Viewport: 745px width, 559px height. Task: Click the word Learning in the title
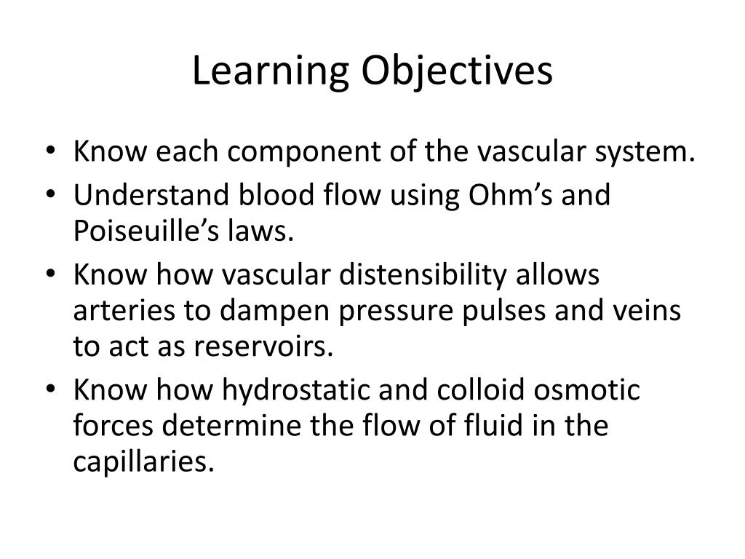click(x=271, y=71)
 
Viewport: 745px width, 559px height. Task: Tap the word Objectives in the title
click(x=457, y=71)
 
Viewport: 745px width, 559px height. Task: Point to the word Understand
click(x=151, y=195)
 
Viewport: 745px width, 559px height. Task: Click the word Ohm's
click(x=511, y=195)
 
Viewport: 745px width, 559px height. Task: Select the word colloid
click(x=480, y=390)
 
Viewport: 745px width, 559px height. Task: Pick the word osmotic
click(x=587, y=390)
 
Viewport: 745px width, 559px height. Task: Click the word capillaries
click(x=143, y=461)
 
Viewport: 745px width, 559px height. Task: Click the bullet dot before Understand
click(x=51, y=195)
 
